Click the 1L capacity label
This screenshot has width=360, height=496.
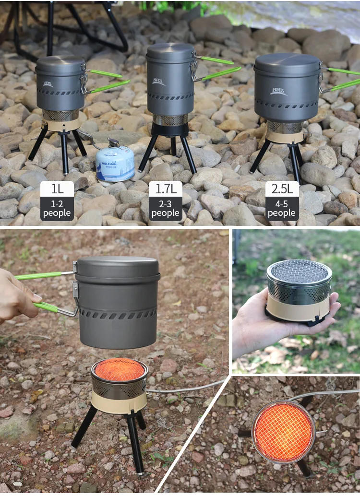click(57, 189)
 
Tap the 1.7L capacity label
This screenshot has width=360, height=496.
click(166, 189)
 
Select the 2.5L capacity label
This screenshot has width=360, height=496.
click(282, 189)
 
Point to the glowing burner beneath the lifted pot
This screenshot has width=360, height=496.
click(119, 370)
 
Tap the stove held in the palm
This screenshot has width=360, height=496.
click(298, 290)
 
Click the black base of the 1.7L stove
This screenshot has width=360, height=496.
click(170, 130)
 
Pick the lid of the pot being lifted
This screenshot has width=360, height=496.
click(118, 266)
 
